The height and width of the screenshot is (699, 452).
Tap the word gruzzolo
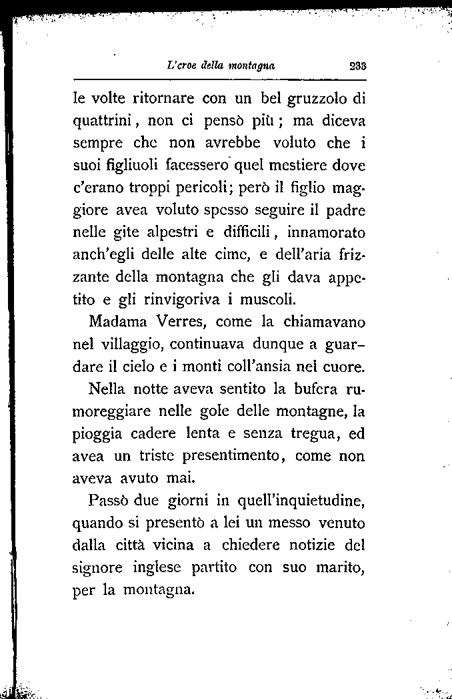(317, 99)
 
